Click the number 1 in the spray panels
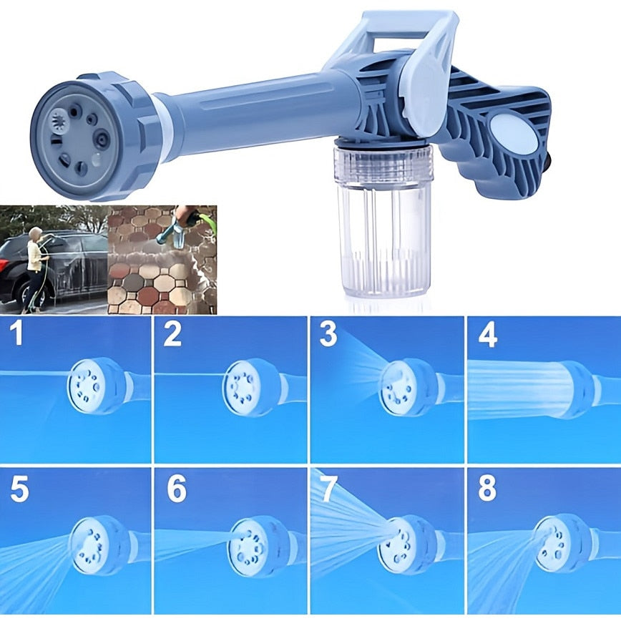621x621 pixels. pyautogui.click(x=16, y=333)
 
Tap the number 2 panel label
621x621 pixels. pyautogui.click(x=172, y=333)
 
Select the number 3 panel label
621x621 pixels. pyautogui.click(x=328, y=333)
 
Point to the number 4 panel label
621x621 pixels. pyautogui.click(x=487, y=335)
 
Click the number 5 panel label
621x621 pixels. pyautogui.click(x=19, y=489)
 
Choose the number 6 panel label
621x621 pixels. pyautogui.click(x=176, y=489)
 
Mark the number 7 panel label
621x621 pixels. pyautogui.click(x=329, y=489)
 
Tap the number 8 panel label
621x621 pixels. pyautogui.click(x=487, y=489)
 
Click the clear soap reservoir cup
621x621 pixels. pyautogui.click(x=383, y=222)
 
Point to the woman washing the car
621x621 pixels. pyautogui.click(x=36, y=268)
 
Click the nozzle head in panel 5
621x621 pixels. pyautogui.click(x=99, y=545)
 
